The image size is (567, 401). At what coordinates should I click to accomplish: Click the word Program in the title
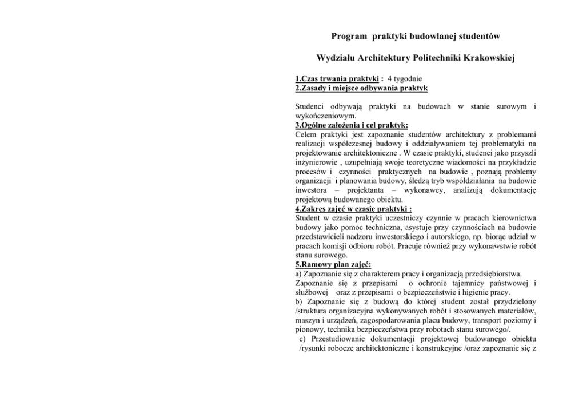[x=349, y=37]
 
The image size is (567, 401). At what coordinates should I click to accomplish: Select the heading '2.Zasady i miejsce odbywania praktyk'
[x=361, y=88]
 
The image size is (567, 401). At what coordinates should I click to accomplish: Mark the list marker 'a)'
[x=299, y=274]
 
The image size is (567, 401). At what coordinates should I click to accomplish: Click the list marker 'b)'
[x=300, y=302]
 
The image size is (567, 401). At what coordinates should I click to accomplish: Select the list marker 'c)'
[x=303, y=339]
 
